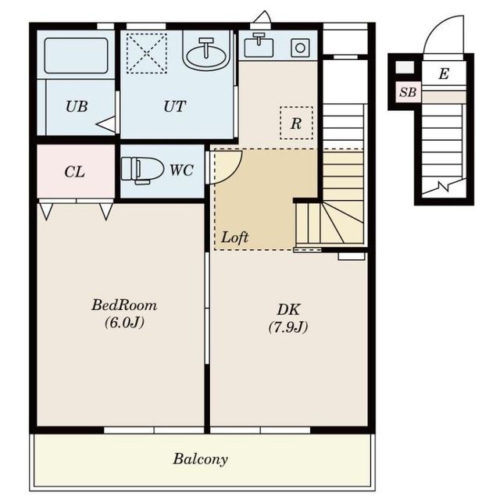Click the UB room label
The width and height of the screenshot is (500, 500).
pyautogui.click(x=77, y=106)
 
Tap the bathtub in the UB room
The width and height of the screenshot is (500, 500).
pyautogui.click(x=76, y=55)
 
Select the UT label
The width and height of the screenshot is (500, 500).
pyautogui.click(x=174, y=106)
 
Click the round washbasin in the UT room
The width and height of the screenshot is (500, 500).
pyautogui.click(x=206, y=53)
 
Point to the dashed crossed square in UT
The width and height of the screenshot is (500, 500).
pyautogui.click(x=147, y=53)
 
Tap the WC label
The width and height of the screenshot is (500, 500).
pyautogui.click(x=181, y=170)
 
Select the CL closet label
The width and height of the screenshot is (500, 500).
pyautogui.click(x=74, y=172)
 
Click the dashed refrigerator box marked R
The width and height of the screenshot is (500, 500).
pyautogui.click(x=296, y=123)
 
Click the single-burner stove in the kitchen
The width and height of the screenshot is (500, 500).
pyautogui.click(x=300, y=48)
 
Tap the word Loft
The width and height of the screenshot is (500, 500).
pyautogui.click(x=234, y=237)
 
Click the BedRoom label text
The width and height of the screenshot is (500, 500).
pyautogui.click(x=124, y=305)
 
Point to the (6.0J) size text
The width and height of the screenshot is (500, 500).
pyautogui.click(x=124, y=323)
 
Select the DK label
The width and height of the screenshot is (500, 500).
pyautogui.click(x=288, y=309)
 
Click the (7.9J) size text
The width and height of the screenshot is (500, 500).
pyautogui.click(x=288, y=327)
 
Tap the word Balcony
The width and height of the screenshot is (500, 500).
pyautogui.click(x=200, y=459)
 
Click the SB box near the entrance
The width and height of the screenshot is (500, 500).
pyautogui.click(x=408, y=92)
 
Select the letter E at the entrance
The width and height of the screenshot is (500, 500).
pyautogui.click(x=444, y=73)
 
